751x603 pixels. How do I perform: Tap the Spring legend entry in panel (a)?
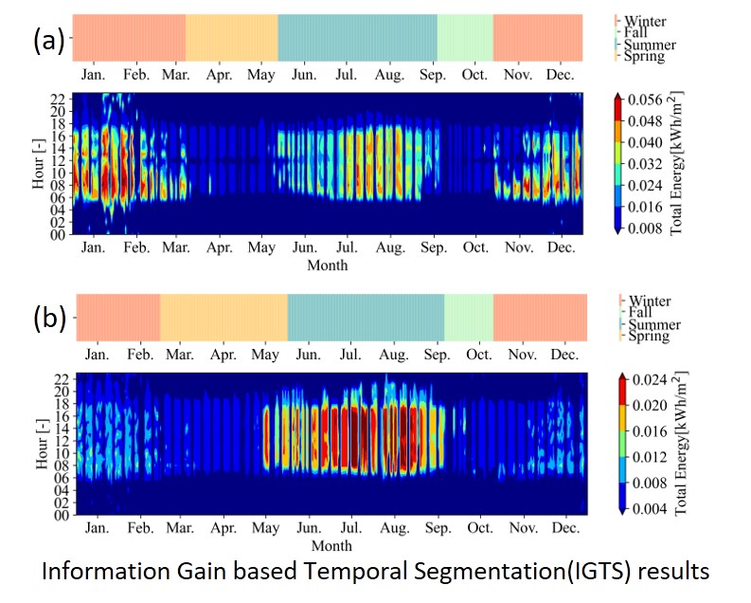pyautogui.click(x=643, y=56)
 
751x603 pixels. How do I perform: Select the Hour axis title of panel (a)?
pyautogui.click(x=38, y=163)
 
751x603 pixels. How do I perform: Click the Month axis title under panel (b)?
pyautogui.click(x=331, y=545)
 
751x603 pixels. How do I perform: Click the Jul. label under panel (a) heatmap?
pyautogui.click(x=348, y=247)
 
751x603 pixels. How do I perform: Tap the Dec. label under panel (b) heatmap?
pyautogui.click(x=564, y=528)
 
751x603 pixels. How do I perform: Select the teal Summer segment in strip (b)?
pyautogui.click(x=366, y=318)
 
